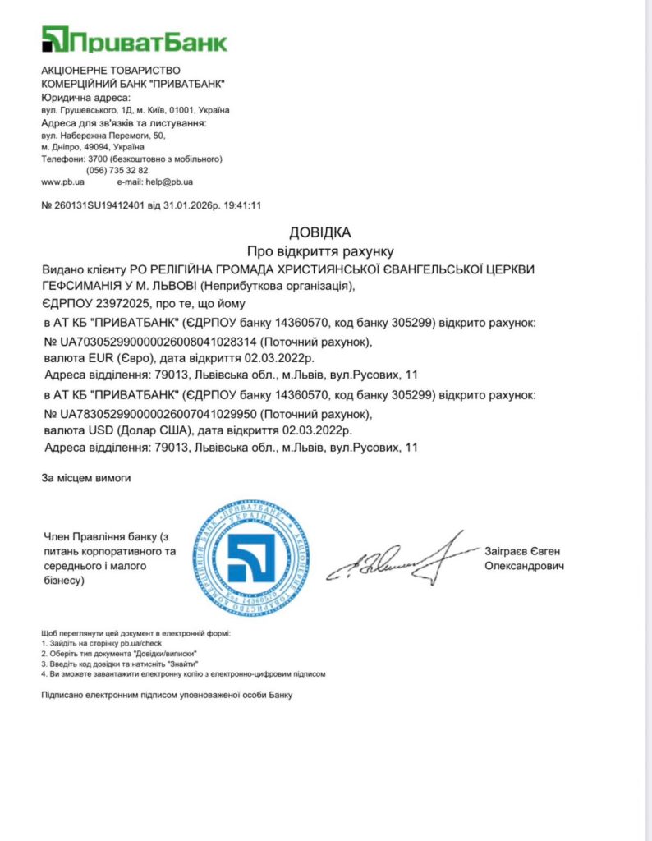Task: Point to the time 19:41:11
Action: click(x=244, y=205)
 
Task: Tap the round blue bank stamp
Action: click(x=252, y=558)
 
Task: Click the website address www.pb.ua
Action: click(x=57, y=182)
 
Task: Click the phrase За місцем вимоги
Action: click(x=85, y=477)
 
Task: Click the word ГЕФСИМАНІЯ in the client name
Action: click(x=87, y=286)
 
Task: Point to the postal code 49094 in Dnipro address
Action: click(x=86, y=146)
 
